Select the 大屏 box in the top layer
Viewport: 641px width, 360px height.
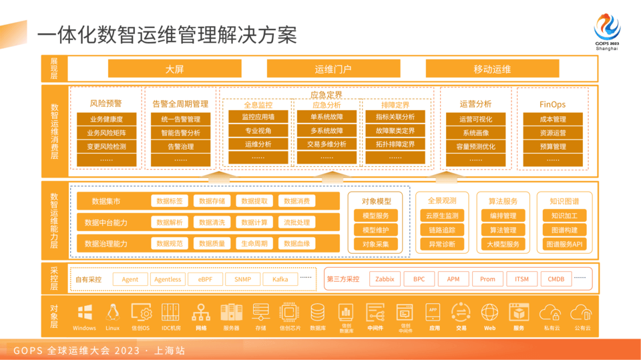[174, 69]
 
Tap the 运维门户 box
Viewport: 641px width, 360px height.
[333, 69]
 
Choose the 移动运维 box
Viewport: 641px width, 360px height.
[492, 69]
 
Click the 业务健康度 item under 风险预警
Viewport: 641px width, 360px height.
[106, 120]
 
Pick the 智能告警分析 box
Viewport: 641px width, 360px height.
[180, 133]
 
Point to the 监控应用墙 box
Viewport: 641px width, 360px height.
[258, 117]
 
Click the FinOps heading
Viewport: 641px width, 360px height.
[552, 104]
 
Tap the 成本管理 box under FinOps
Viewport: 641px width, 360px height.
[552, 120]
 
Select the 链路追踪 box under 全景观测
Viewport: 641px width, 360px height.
[442, 230]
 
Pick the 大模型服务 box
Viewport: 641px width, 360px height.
[503, 244]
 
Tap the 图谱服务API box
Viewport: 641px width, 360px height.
[564, 244]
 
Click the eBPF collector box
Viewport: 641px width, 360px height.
[205, 279]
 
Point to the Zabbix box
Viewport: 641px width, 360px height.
[385, 279]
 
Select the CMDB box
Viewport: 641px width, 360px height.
[556, 279]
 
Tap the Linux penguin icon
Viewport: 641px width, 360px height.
[113, 312]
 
